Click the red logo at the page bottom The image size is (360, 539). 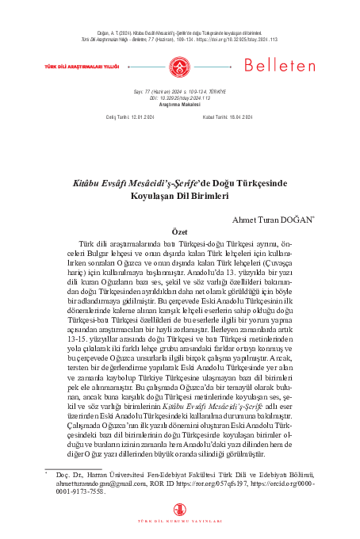pyautogui.click(x=180, y=509)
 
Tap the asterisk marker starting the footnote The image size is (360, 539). pyautogui.click(x=47, y=472)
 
